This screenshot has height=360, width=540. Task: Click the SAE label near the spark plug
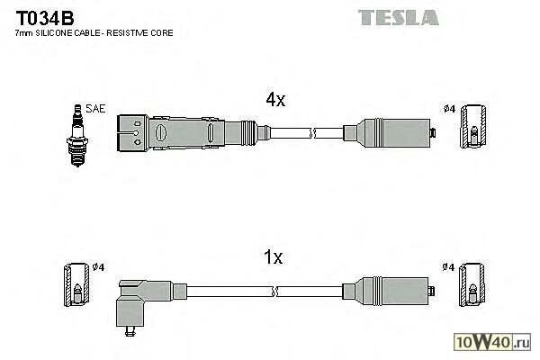point(95,109)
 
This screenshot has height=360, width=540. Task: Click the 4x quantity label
point(274,100)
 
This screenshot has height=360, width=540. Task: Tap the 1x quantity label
point(274,257)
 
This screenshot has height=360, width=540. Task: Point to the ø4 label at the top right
point(448,110)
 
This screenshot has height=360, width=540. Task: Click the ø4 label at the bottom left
point(99,267)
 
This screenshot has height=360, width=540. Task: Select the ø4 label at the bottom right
point(448,267)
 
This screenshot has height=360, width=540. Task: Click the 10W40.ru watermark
point(495,342)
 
